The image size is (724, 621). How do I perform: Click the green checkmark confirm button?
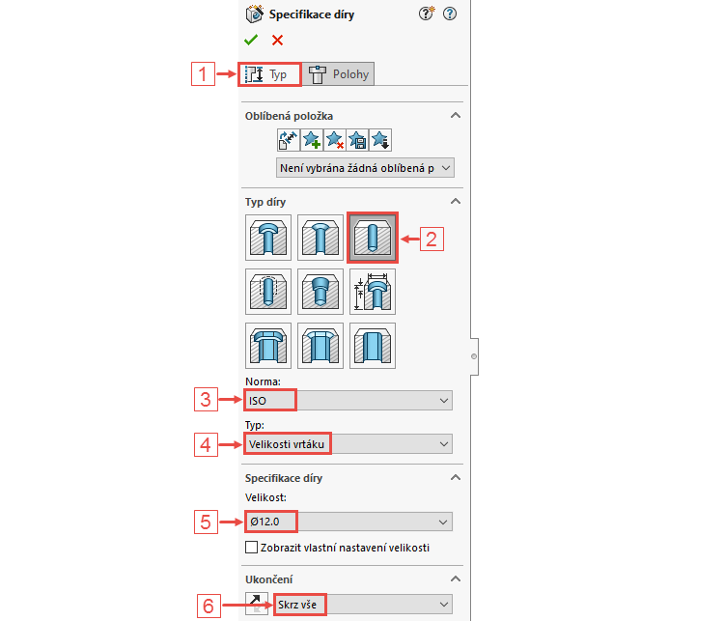[251, 40]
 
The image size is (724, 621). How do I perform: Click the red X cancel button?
[277, 40]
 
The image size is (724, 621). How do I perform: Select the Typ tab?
[269, 74]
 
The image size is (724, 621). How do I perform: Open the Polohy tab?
[338, 74]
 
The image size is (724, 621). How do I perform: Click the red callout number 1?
[201, 74]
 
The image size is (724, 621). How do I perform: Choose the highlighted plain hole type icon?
[372, 238]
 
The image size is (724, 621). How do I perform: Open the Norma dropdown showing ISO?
[348, 400]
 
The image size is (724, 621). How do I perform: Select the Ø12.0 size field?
[348, 522]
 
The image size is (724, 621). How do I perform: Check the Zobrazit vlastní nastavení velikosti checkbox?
[252, 548]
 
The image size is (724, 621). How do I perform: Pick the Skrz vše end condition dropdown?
[362, 605]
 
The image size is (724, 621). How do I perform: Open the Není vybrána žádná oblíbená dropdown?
[364, 168]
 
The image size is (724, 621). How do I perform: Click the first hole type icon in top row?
[267, 238]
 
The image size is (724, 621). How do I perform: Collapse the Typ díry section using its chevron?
[455, 201]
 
